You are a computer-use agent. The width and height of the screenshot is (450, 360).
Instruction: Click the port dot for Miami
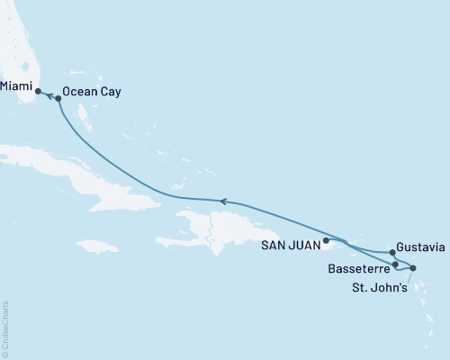38,91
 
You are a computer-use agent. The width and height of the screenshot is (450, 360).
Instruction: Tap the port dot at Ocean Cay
58,99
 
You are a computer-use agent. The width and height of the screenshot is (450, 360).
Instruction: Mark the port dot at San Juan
326,240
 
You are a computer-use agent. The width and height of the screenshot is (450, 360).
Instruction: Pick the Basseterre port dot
396,265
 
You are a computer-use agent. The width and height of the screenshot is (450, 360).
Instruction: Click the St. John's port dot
413,268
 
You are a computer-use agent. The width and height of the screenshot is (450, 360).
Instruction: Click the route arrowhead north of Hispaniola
222,202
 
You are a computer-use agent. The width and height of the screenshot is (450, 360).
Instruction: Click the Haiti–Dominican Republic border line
210,229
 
